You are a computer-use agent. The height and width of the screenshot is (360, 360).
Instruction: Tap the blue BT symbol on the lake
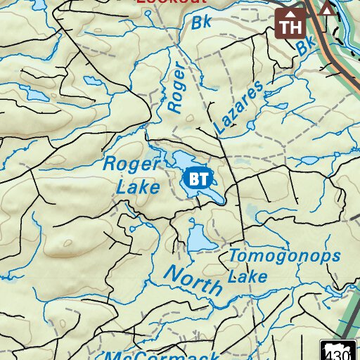pos(199,179)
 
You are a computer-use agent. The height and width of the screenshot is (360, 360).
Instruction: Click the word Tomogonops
pos(284,256)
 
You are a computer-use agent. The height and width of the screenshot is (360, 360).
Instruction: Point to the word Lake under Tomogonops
pos(247,276)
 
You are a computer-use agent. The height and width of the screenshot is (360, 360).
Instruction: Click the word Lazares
pos(239,108)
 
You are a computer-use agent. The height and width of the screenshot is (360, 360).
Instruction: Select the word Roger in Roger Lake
pos(131,165)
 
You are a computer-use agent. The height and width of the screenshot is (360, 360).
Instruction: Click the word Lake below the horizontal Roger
pos(138,188)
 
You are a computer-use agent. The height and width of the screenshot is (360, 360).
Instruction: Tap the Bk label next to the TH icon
pos(304,47)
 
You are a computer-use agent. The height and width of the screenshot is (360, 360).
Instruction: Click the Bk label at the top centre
pos(201,23)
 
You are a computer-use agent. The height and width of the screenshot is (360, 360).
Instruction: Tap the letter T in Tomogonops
pos(234,256)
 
